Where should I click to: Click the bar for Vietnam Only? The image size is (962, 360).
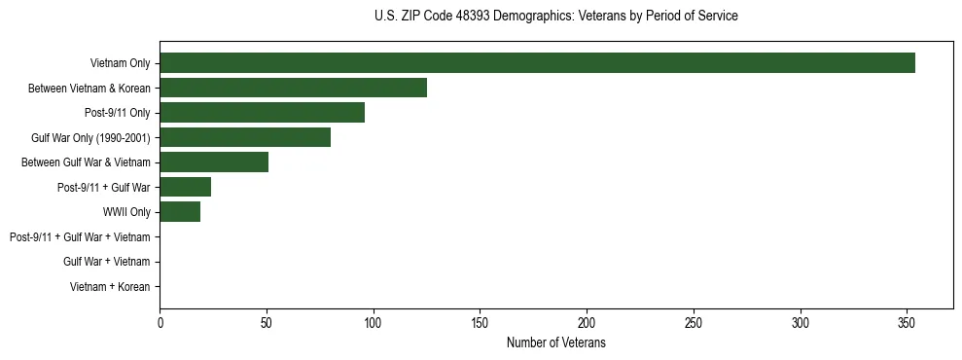click(x=537, y=63)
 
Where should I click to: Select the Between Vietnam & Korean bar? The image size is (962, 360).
click(x=293, y=88)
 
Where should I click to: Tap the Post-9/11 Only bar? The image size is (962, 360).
click(x=262, y=113)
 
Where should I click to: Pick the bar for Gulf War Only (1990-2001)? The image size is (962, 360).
click(x=245, y=137)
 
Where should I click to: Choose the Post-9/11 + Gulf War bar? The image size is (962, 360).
click(x=185, y=187)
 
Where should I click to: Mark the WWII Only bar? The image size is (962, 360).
click(x=180, y=212)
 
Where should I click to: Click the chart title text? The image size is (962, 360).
click(x=555, y=17)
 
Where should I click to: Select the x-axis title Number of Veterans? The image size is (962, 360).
click(x=555, y=342)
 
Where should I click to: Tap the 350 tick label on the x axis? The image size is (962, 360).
click(x=907, y=321)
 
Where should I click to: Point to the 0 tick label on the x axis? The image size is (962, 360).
click(x=160, y=321)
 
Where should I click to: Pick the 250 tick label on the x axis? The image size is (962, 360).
click(x=694, y=321)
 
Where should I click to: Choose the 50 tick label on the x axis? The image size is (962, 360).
click(x=267, y=321)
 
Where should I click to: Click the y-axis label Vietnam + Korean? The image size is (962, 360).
click(x=110, y=287)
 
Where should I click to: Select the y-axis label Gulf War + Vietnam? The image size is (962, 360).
click(x=106, y=262)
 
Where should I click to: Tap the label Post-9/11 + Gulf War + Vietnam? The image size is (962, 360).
click(x=80, y=237)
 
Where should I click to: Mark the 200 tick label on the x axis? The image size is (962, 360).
click(x=587, y=321)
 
